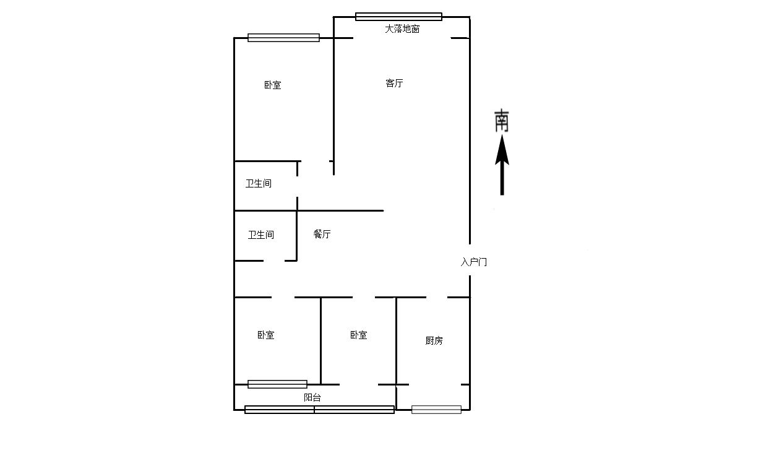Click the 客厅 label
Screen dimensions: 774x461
tap(394, 84)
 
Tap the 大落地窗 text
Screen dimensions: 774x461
tap(402, 28)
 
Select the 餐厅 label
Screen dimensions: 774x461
tap(322, 235)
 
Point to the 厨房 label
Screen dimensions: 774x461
tap(434, 341)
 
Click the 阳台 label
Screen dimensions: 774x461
tap(312, 397)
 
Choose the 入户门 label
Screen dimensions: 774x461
tap(474, 262)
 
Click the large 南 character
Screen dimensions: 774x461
tap(502, 121)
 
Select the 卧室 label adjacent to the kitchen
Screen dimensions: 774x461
tap(359, 335)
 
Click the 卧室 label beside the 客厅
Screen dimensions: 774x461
tap(273, 85)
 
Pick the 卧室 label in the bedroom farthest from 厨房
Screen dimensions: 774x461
tap(273, 85)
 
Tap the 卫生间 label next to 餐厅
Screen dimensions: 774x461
tap(261, 235)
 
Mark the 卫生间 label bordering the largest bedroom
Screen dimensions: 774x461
tap(259, 184)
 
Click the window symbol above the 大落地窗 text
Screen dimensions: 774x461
tap(398, 17)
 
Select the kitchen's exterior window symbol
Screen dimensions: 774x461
tap(436, 410)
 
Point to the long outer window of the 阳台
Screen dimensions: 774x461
tap(319, 410)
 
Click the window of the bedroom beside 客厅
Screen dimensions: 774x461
tap(284, 38)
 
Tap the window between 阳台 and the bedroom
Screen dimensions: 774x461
tap(277, 384)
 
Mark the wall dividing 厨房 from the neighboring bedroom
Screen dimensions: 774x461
tap(397, 341)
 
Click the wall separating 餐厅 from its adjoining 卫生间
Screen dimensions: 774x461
tap(297, 236)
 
